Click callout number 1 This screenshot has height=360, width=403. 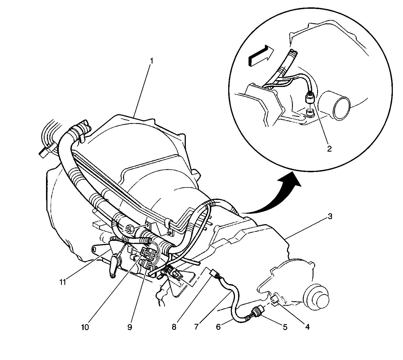152,61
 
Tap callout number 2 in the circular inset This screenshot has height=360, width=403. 329,149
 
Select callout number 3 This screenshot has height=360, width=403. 330,216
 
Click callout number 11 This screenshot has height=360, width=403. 63,282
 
